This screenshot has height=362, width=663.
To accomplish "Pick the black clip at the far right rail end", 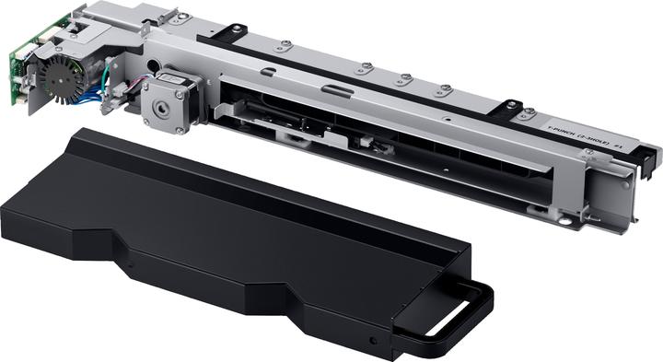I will point(650,157).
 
